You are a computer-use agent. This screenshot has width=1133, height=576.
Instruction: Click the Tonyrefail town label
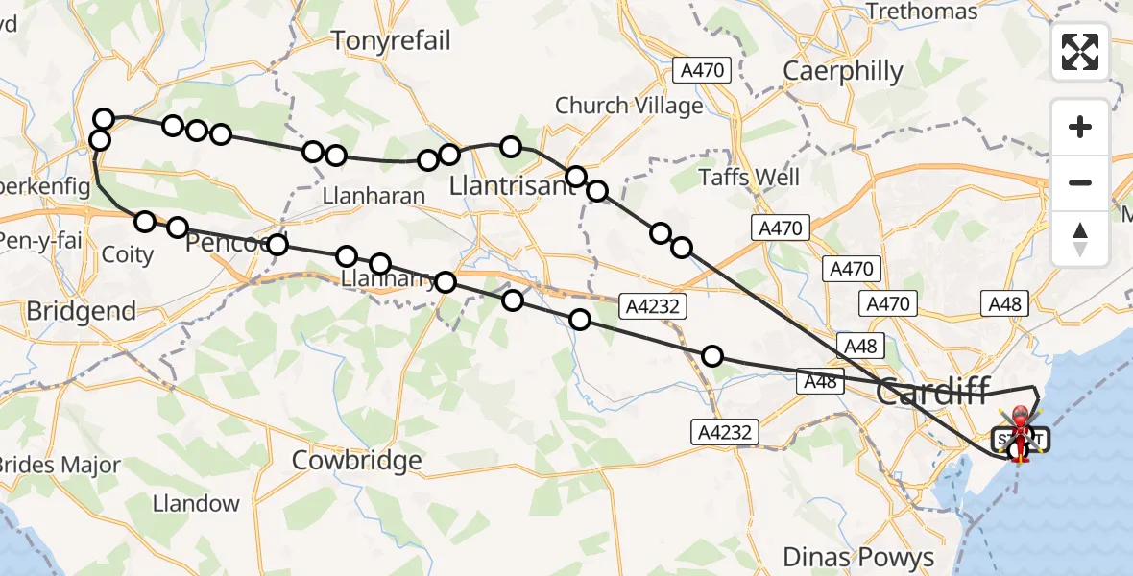pyautogui.click(x=390, y=39)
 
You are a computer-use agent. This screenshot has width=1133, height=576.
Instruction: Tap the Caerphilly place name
pyautogui.click(x=843, y=71)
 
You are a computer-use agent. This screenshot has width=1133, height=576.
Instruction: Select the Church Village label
pyautogui.click(x=629, y=106)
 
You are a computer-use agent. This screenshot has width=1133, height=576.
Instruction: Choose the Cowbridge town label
pyautogui.click(x=357, y=460)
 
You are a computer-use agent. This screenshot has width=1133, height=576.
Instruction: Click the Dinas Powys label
pyautogui.click(x=858, y=557)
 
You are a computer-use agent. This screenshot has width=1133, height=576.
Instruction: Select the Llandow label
pyautogui.click(x=196, y=503)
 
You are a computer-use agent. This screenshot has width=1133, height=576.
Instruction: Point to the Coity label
pyautogui.click(x=127, y=254)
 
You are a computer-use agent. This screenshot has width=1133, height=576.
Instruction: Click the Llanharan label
pyautogui.click(x=374, y=196)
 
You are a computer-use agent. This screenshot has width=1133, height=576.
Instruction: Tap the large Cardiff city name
pyautogui.click(x=933, y=392)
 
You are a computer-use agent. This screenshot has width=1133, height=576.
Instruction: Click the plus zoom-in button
pyautogui.click(x=1080, y=127)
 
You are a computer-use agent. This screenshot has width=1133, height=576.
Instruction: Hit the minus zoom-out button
pyautogui.click(x=1080, y=182)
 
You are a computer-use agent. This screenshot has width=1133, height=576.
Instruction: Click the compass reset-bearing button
pyautogui.click(x=1080, y=238)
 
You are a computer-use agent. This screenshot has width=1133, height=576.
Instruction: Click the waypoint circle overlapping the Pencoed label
pyautogui.click(x=277, y=244)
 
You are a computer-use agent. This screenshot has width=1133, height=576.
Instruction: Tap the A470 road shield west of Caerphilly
pyautogui.click(x=703, y=70)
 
